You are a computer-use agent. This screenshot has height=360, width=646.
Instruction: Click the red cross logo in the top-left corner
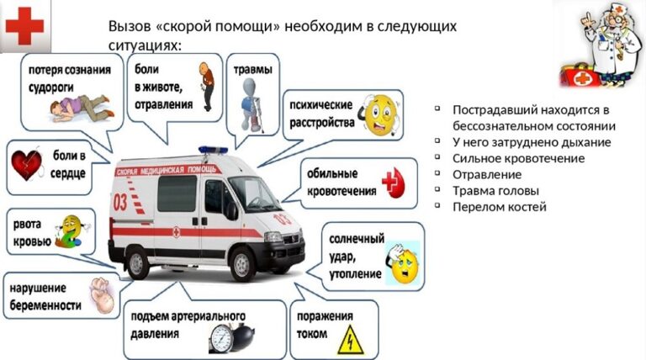point(24,26)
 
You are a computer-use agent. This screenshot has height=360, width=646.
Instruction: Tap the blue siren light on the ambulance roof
point(213,150)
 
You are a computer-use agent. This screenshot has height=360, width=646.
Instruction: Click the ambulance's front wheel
point(243,263)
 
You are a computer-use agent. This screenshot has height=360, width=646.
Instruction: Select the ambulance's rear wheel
point(137,262)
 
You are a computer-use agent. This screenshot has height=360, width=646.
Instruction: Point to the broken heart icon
point(27,164)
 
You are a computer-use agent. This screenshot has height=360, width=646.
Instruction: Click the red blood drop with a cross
point(394,183)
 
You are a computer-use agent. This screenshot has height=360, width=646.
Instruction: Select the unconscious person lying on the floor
point(81,108)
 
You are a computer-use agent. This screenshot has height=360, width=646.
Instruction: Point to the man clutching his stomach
point(207,86)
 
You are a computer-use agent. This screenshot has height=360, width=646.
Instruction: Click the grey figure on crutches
point(252,104)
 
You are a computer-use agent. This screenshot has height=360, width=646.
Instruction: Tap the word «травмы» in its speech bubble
point(253,69)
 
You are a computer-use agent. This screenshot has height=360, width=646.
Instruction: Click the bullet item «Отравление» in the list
point(487,175)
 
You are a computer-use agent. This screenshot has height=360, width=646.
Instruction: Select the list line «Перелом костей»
point(500,207)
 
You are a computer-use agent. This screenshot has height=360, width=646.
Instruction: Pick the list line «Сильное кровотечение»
point(519,158)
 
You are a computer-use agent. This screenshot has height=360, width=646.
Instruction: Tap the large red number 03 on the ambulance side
point(120,202)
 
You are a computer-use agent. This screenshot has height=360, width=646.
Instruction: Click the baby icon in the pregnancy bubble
point(101,294)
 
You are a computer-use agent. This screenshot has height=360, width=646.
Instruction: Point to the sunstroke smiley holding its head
point(403,262)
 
